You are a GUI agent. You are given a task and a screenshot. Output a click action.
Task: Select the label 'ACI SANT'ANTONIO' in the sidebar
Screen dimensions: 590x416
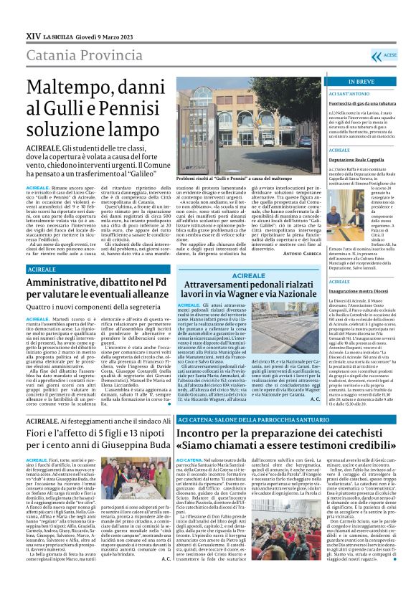click(x=349, y=93)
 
